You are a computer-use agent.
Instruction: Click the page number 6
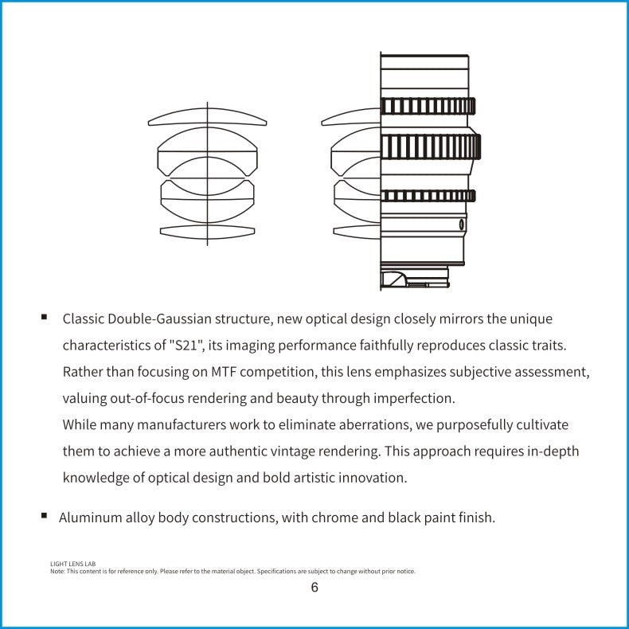click(x=314, y=588)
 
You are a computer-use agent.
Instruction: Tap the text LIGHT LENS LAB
click(x=73, y=564)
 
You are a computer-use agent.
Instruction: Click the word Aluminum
click(x=91, y=518)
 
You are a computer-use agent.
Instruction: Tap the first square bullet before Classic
click(x=45, y=317)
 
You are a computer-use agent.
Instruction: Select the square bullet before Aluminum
click(x=45, y=515)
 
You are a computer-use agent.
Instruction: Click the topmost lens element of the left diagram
click(x=207, y=118)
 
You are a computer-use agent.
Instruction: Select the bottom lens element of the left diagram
click(x=207, y=232)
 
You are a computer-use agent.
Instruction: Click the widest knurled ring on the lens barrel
click(x=430, y=147)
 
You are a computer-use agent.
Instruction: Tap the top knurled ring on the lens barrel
click(x=428, y=106)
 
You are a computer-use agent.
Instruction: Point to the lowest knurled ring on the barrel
click(x=428, y=196)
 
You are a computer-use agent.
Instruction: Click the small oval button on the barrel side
click(x=462, y=225)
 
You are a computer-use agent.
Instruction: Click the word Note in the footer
click(x=57, y=571)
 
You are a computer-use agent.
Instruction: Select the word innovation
click(x=371, y=478)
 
